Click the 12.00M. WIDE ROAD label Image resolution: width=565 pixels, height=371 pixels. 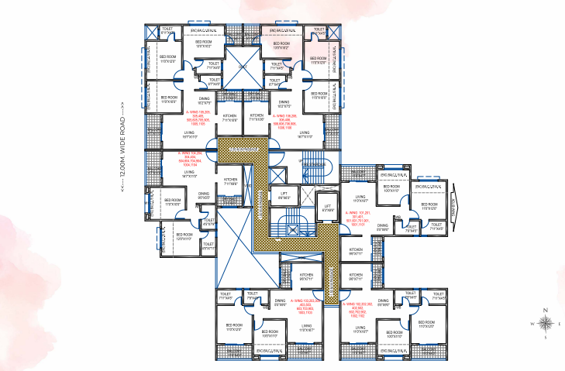122,153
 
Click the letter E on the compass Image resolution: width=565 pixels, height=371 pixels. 560,324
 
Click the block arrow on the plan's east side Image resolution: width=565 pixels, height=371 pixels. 455,208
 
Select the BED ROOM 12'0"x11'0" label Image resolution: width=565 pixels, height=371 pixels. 184,235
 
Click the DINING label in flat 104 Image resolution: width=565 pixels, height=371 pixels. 203,195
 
